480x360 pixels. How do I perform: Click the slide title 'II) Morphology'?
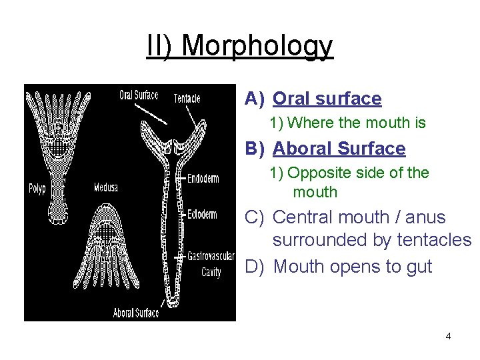click(x=239, y=46)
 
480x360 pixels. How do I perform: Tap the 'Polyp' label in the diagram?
click(x=37, y=188)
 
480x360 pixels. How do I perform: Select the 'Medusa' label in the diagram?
click(x=105, y=187)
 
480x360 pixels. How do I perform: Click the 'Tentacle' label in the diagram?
click(x=187, y=98)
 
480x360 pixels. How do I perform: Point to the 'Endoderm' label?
click(x=203, y=178)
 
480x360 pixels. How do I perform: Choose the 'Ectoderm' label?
click(x=202, y=214)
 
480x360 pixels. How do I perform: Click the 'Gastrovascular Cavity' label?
click(x=209, y=263)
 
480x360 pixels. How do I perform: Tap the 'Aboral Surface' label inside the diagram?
click(x=136, y=312)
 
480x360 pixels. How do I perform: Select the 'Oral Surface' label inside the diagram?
click(x=139, y=95)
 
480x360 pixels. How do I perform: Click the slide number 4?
click(x=448, y=336)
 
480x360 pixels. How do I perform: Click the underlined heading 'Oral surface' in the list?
click(x=327, y=99)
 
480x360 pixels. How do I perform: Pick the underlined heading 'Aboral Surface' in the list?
click(x=339, y=148)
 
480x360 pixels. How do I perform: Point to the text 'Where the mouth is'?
click(x=357, y=123)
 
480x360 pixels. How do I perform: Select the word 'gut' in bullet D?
click(x=419, y=267)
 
